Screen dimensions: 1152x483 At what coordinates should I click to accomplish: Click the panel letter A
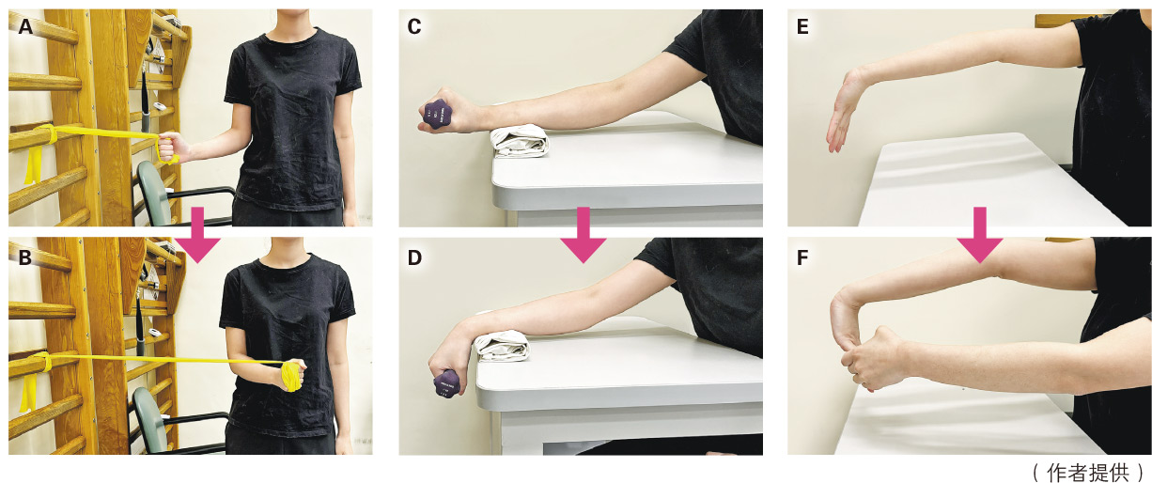[25, 26]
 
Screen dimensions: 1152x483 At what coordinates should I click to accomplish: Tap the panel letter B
[25, 257]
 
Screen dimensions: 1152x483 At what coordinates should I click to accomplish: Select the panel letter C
[414, 26]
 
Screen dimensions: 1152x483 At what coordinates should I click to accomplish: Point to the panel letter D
[414, 257]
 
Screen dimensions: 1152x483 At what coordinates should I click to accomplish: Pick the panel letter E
[802, 26]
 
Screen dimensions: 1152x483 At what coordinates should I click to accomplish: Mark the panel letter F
[802, 257]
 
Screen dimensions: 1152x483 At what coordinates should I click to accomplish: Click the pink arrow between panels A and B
[197, 235]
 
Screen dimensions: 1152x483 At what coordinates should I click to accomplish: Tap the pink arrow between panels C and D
[584, 235]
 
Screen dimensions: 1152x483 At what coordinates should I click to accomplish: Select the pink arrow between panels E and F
[980, 235]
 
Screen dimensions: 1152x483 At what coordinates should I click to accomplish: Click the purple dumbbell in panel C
[438, 115]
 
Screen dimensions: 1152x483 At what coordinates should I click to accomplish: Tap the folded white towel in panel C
[519, 142]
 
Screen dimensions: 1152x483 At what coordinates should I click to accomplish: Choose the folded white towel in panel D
[503, 346]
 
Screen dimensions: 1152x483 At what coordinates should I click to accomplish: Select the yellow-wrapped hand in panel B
[292, 376]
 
